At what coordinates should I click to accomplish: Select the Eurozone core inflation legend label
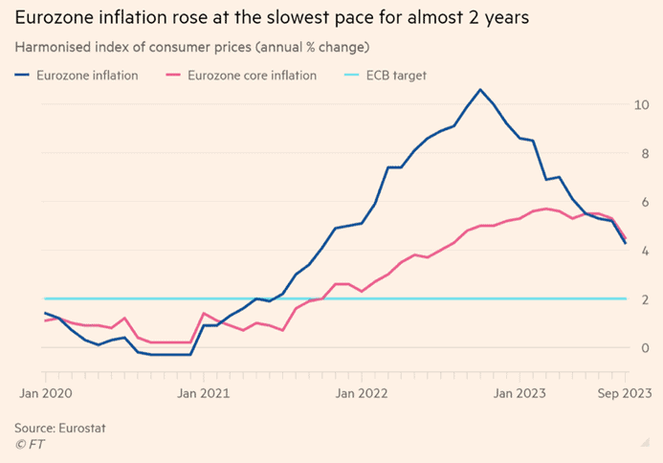point(252,75)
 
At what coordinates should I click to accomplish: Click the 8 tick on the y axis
point(646,152)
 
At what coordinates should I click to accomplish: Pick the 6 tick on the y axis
point(646,201)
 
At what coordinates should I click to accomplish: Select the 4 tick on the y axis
point(646,250)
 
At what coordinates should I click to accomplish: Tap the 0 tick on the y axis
point(646,347)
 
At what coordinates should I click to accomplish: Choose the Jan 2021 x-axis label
point(203,391)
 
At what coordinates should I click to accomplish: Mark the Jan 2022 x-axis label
point(361,391)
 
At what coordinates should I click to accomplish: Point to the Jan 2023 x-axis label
point(519,391)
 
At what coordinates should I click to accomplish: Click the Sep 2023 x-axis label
point(624,391)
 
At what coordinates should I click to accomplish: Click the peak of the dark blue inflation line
point(480,90)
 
